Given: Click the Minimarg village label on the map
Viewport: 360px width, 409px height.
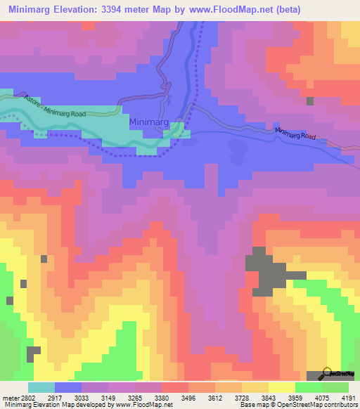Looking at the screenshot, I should (x=148, y=122).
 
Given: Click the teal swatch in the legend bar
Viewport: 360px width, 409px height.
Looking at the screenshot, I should (x=41, y=387).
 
